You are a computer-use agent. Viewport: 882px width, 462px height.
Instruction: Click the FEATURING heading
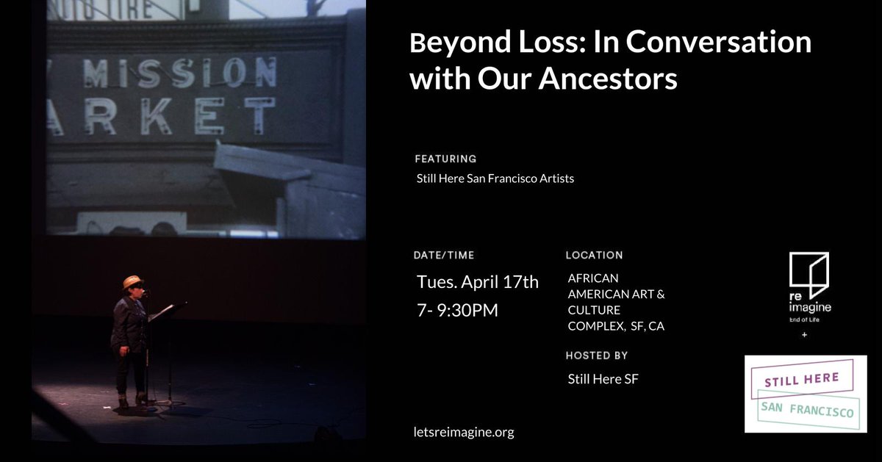click(445, 159)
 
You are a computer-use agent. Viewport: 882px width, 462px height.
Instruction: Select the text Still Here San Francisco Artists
click(495, 178)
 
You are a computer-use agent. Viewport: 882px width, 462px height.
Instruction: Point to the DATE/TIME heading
click(445, 256)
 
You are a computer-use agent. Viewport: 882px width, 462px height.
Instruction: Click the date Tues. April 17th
click(478, 281)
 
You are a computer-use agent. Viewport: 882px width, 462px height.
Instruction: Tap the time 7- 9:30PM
click(457, 310)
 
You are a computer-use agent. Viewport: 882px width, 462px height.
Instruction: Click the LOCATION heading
click(594, 256)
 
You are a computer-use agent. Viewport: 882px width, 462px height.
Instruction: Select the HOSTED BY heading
click(596, 355)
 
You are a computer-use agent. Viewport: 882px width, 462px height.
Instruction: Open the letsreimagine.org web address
click(464, 432)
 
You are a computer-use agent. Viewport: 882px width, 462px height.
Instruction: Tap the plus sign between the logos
click(803, 336)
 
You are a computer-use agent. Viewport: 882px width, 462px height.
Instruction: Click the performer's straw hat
click(133, 282)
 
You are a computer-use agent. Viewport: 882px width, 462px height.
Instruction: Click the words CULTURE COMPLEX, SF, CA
click(616, 318)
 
